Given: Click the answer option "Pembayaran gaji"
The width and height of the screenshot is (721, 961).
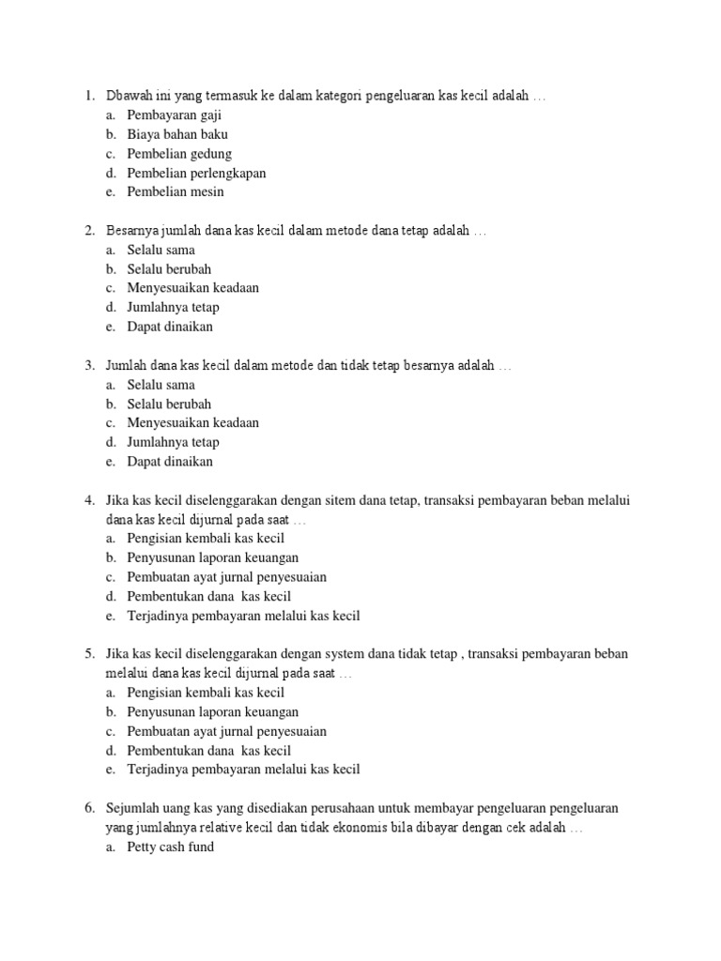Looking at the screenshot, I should tap(174, 115).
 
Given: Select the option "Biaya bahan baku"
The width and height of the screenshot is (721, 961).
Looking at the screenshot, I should tap(177, 134).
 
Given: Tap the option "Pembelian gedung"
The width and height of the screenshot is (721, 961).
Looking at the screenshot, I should tap(179, 154).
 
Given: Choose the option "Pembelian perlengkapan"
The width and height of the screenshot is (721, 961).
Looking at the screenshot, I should tap(196, 173).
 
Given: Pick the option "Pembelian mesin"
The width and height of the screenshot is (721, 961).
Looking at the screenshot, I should tap(176, 192).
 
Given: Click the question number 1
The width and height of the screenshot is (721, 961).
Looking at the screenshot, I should tap(87, 96).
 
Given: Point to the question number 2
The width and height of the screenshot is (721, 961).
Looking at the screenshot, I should tap(87, 231).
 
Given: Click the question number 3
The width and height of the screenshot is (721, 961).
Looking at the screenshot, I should tap(87, 366).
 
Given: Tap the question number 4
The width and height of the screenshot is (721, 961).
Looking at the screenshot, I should tap(87, 501).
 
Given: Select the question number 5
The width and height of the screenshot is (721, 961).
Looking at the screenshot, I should tap(87, 653).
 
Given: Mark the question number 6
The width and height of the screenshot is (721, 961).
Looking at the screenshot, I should tap(87, 808).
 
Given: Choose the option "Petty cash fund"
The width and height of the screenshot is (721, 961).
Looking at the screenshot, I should tap(170, 847).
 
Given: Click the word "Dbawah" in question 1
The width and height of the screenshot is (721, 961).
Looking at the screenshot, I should tap(129, 96).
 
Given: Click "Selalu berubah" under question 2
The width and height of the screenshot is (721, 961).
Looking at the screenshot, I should tap(169, 269).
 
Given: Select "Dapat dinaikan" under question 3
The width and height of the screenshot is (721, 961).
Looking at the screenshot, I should tap(170, 462).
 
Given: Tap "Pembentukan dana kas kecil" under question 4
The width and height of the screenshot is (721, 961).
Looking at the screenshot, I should tap(208, 597).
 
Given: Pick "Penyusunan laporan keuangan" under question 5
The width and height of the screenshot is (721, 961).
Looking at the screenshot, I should tap(212, 712).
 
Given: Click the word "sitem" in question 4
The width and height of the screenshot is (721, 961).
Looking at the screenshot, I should tap(342, 501).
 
